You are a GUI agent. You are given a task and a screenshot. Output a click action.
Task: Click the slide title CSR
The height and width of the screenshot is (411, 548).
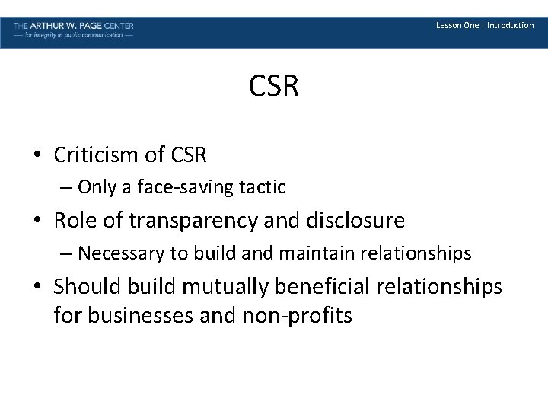coord(274,87)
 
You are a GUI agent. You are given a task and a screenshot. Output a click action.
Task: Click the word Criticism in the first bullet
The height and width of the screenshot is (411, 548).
coord(97,155)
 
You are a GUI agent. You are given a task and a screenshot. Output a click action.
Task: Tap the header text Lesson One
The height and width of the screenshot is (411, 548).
coord(457,25)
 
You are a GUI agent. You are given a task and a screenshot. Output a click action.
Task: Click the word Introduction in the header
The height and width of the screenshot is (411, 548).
coord(510,25)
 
